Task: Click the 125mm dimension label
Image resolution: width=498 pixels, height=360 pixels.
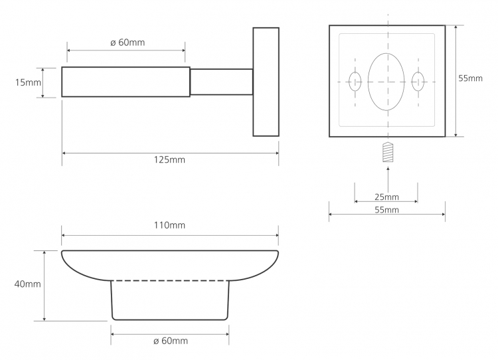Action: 169,159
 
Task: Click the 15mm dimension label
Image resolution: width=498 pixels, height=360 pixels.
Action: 28,82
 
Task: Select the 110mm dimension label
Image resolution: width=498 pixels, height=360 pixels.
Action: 169,225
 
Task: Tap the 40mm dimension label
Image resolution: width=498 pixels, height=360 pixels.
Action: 28,284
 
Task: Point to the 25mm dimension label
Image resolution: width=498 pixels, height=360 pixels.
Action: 386,197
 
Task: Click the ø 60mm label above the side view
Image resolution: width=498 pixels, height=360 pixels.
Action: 127,43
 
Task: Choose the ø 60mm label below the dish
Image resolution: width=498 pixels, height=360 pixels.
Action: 171,341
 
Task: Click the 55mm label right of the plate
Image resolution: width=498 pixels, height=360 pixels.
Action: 470,78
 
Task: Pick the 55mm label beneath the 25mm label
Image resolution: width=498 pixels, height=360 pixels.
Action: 386,210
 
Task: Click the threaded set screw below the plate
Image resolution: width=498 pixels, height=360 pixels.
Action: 388,153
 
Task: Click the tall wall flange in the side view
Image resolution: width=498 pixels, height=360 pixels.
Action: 266,82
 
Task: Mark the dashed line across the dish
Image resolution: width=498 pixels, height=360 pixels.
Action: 170,280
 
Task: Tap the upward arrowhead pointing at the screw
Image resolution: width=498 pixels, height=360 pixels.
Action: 388,169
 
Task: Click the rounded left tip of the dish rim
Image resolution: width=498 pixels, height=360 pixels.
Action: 62,253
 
